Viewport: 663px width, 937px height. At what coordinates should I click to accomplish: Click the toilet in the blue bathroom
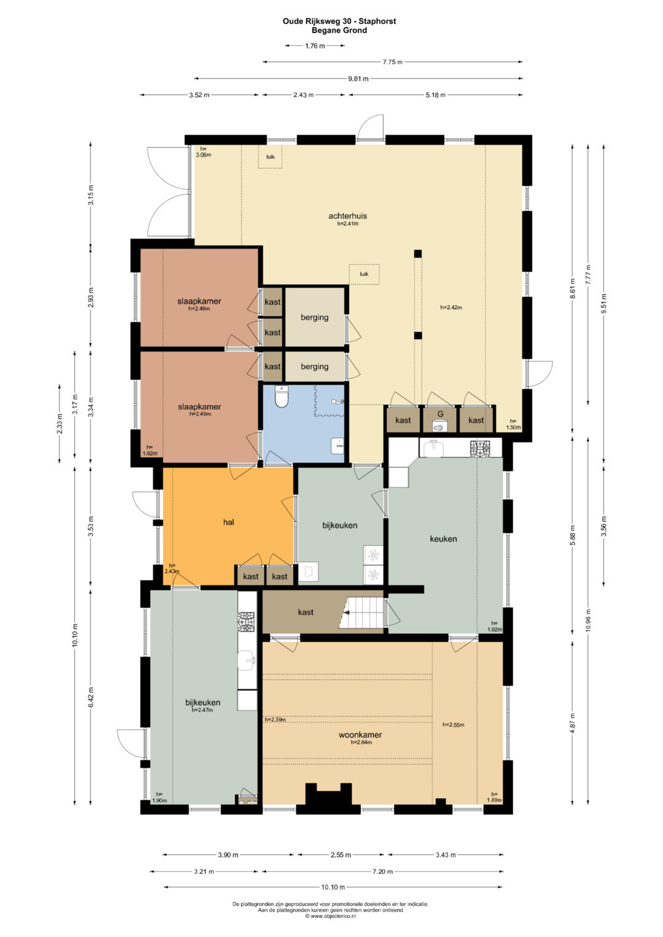pyautogui.click(x=282, y=396)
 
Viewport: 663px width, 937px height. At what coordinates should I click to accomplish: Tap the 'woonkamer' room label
pyautogui.click(x=360, y=735)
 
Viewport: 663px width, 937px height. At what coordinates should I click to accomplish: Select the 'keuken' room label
pyautogui.click(x=443, y=539)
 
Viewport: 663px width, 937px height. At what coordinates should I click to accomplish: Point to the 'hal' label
pyautogui.click(x=228, y=522)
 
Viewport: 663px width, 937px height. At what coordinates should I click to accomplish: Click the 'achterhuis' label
pyautogui.click(x=347, y=216)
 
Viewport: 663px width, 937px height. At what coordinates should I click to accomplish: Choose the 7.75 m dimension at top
pyautogui.click(x=393, y=62)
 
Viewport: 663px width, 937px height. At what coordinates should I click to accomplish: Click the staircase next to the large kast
pyautogui.click(x=361, y=612)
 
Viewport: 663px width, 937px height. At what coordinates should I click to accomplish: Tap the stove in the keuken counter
pyautogui.click(x=480, y=448)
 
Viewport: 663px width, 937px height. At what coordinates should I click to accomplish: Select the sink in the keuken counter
pyautogui.click(x=434, y=449)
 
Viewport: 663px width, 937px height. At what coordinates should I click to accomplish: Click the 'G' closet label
pyautogui.click(x=440, y=414)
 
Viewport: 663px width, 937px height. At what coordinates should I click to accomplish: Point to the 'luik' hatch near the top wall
pyautogui.click(x=270, y=157)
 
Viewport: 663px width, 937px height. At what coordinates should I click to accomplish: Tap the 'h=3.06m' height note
pyautogui.click(x=203, y=152)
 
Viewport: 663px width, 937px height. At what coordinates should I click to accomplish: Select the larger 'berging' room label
pyautogui.click(x=315, y=317)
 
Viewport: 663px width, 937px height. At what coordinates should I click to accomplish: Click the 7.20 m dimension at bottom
pyautogui.click(x=382, y=871)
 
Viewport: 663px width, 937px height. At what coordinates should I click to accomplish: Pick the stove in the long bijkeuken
pyautogui.click(x=247, y=622)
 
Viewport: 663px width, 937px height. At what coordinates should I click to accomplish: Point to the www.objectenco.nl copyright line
pyautogui.click(x=331, y=916)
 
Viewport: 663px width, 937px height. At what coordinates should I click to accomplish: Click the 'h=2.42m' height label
pyautogui.click(x=451, y=307)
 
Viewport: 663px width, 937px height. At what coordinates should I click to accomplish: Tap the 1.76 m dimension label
pyautogui.click(x=315, y=45)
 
